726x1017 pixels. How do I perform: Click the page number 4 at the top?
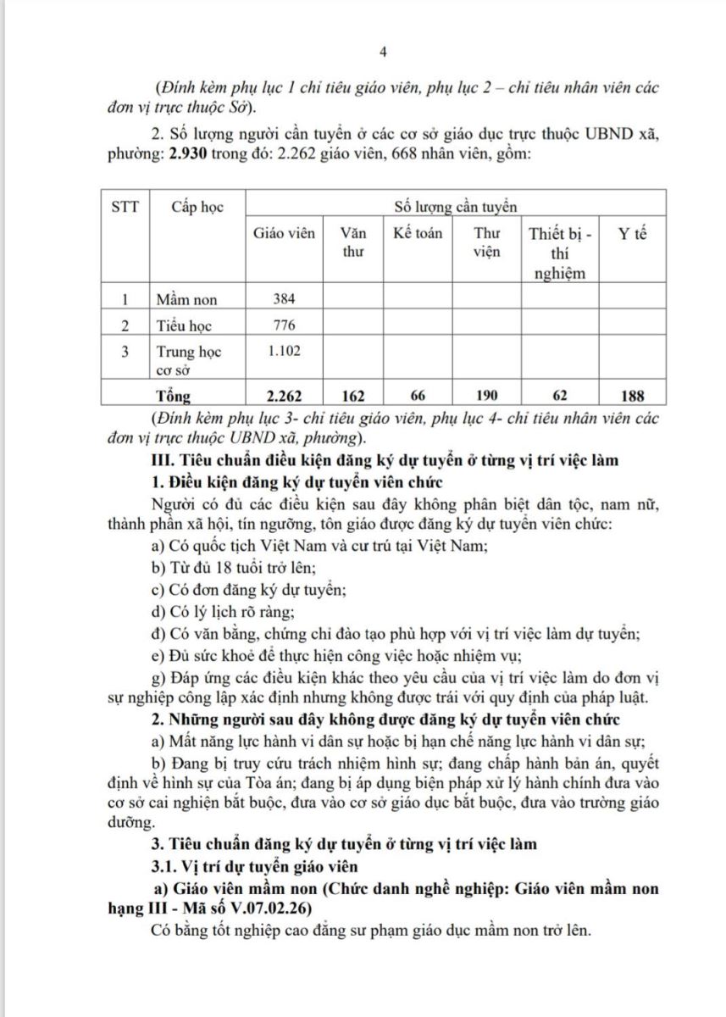[x=383, y=53]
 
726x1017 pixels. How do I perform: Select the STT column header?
[x=125, y=206]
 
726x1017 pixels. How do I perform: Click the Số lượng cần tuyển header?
[x=455, y=206]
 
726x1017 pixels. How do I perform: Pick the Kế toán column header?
[x=418, y=233]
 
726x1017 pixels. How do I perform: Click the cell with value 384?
[x=285, y=299]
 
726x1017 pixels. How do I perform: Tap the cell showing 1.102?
[x=285, y=350]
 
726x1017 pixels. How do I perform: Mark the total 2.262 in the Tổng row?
[x=285, y=395]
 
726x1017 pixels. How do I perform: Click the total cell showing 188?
[x=632, y=395]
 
